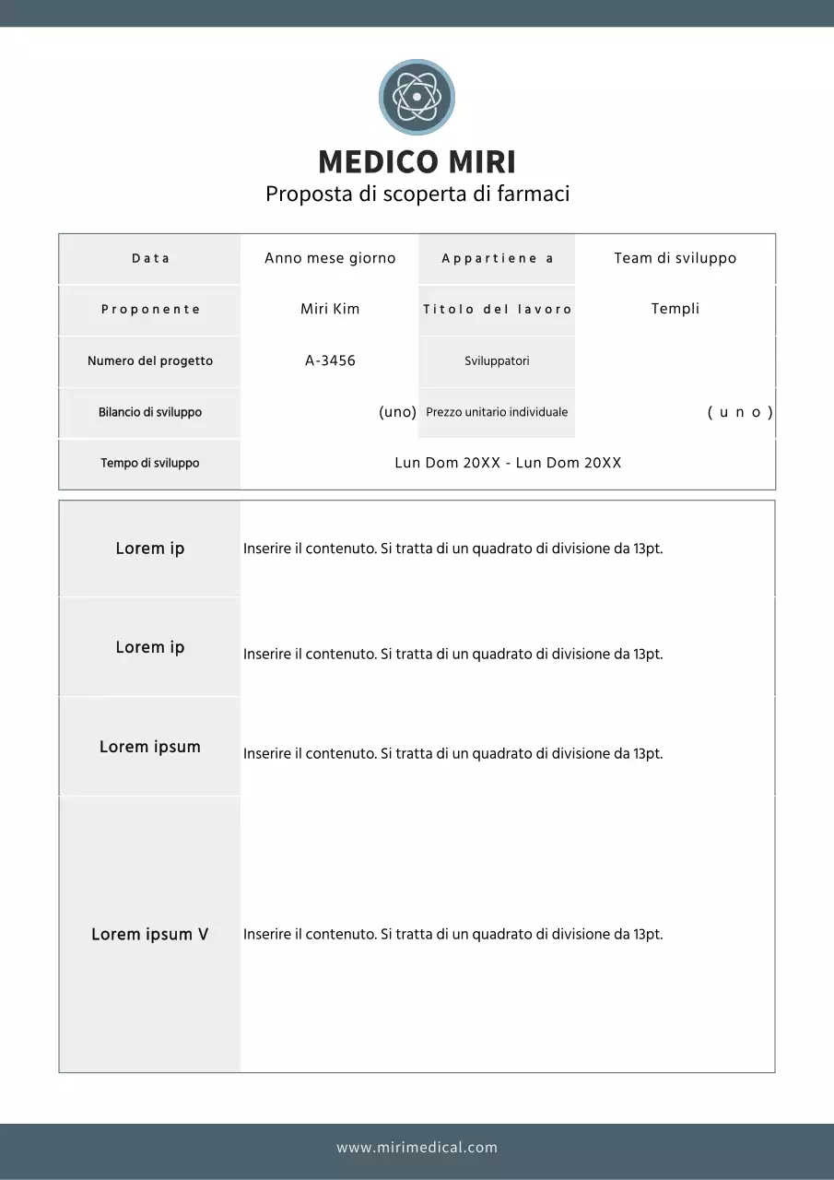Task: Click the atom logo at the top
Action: [417, 97]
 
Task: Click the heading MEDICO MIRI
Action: [417, 162]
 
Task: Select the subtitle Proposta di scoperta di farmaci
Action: [417, 195]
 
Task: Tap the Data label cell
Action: [150, 259]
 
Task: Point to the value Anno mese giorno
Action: [330, 259]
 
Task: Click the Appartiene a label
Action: [498, 259]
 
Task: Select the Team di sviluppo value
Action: [675, 259]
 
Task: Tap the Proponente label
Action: [150, 310]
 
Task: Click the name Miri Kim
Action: [330, 310]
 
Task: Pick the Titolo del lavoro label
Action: [498, 310]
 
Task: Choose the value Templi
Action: [675, 309]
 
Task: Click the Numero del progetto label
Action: [150, 361]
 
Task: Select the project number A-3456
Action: [330, 361]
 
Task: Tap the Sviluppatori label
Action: [498, 361]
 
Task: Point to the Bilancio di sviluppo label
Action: [150, 412]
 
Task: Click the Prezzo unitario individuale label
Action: [498, 412]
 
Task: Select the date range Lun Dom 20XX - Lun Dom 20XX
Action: [508, 464]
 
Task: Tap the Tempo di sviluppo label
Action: [150, 464]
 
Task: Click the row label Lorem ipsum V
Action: [150, 935]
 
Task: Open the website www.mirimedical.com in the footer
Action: [417, 1148]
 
